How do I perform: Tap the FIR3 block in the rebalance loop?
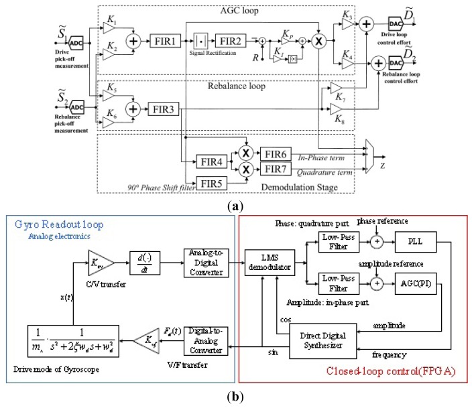click(x=164, y=108)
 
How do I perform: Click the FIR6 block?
click(x=276, y=154)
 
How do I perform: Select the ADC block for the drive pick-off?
click(x=74, y=40)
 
